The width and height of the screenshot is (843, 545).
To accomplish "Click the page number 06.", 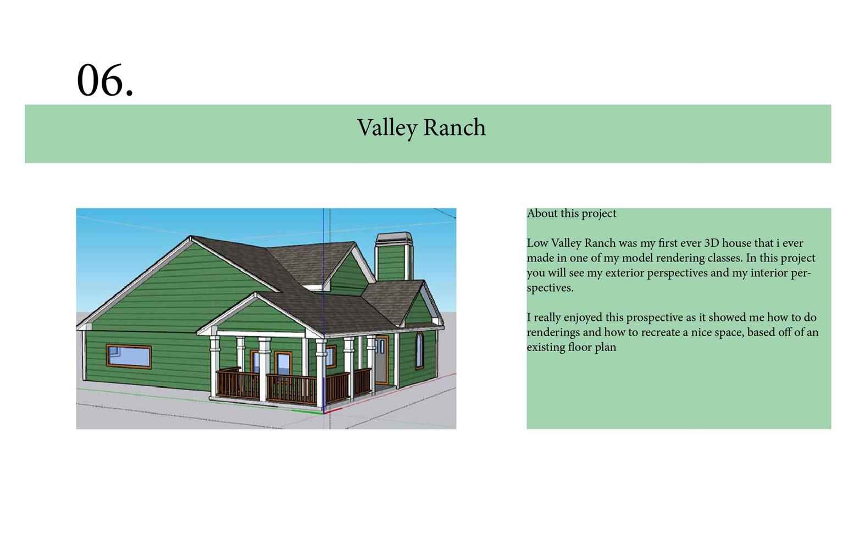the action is [x=105, y=81].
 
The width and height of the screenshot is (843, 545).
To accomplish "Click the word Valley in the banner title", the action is [x=387, y=128].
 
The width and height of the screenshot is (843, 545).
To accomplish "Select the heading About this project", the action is [x=572, y=214].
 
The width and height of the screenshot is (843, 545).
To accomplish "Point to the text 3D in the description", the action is [x=712, y=243].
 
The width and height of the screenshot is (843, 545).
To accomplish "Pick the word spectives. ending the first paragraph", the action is [x=550, y=288].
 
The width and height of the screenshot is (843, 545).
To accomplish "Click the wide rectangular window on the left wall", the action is [x=129, y=356].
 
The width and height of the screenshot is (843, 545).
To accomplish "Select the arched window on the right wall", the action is [x=419, y=351].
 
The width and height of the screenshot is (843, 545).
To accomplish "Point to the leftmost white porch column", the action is [x=214, y=365].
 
